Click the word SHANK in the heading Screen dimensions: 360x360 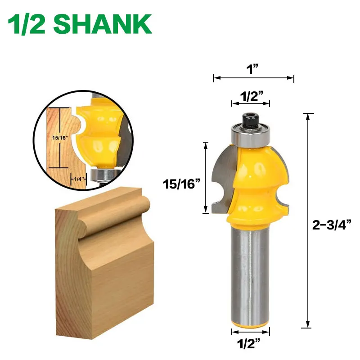(105, 24)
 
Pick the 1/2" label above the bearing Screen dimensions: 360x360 (251, 95)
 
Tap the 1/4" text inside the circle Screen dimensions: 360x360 (78, 179)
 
